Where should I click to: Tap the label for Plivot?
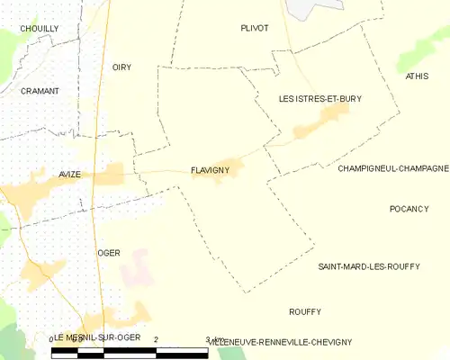(255, 28)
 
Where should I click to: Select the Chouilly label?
(40, 29)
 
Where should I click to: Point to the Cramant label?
(40, 91)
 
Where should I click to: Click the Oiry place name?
(121, 67)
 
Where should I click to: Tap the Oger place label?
(109, 253)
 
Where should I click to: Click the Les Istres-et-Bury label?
(319, 99)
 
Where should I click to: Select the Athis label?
(417, 77)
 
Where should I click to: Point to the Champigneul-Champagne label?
(393, 168)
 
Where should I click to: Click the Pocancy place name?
(409, 209)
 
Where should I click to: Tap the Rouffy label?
(305, 311)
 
